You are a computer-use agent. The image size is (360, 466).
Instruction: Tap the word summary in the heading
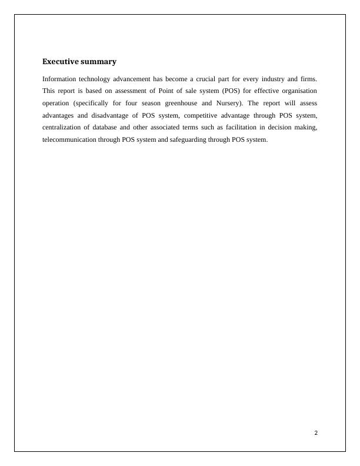99,62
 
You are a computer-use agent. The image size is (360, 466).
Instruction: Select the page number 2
316,433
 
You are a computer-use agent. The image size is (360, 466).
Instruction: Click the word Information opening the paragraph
59,79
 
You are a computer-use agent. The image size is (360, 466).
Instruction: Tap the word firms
308,79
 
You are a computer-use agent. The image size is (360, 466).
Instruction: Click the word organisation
297,91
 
